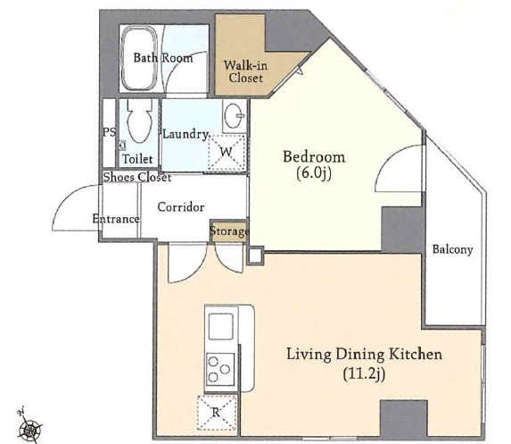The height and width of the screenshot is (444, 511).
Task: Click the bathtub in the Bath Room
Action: pyautogui.click(x=139, y=58)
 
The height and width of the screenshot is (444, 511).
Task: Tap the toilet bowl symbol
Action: pyautogui.click(x=139, y=121)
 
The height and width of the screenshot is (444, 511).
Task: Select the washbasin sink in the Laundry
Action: pyautogui.click(x=234, y=115)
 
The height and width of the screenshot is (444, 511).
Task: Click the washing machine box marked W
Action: pyautogui.click(x=227, y=152)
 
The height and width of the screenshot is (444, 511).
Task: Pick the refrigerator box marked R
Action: pyautogui.click(x=217, y=413)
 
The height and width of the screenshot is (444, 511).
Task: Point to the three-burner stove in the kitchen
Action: pyautogui.click(x=220, y=369)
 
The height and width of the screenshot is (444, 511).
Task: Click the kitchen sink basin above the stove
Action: pyautogui.click(x=220, y=326)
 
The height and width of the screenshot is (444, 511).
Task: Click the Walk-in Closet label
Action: pyautogui.click(x=246, y=71)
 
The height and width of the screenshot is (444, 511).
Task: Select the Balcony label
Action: pyautogui.click(x=452, y=249)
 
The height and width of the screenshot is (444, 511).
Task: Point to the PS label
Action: pyautogui.click(x=109, y=132)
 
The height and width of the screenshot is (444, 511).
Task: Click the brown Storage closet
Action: pyautogui.click(x=229, y=231)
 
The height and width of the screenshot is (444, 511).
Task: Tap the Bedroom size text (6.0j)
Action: pyautogui.click(x=314, y=173)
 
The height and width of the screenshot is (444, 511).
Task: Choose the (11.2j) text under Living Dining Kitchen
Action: pyautogui.click(x=364, y=373)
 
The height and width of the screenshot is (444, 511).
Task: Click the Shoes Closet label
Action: pyautogui.click(x=137, y=177)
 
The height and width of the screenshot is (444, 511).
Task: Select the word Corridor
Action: pyautogui.click(x=181, y=207)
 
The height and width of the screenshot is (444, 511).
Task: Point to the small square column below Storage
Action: pyautogui.click(x=255, y=256)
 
